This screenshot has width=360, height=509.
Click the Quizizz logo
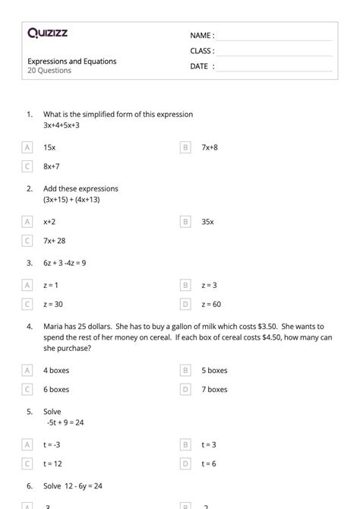point(46,33)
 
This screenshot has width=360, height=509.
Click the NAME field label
point(202,36)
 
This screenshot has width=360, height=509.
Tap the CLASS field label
point(202,51)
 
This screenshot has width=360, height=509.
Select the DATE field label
point(202,66)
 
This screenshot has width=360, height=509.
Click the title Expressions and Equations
point(72,61)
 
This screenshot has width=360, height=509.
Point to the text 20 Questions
point(49,71)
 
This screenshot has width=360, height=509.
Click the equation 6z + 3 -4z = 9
point(65,263)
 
